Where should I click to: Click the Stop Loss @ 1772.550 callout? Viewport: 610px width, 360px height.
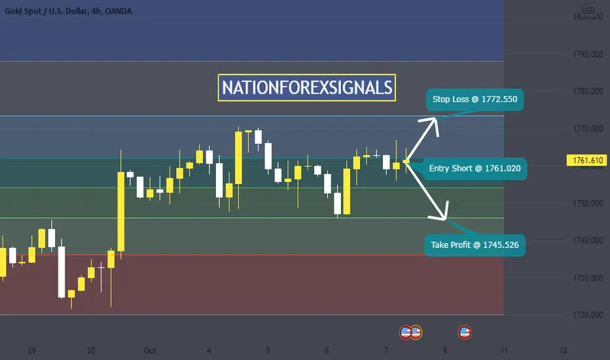(x=475, y=99)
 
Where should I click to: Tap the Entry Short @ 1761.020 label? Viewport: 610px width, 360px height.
(x=475, y=168)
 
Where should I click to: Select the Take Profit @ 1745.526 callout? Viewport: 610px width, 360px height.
(x=475, y=245)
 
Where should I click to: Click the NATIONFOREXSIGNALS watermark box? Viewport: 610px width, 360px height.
(x=307, y=88)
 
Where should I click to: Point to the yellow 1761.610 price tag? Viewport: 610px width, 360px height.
(x=588, y=160)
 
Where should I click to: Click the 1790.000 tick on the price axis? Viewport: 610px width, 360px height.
(x=588, y=54)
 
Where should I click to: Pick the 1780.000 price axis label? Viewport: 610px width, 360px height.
(x=588, y=91)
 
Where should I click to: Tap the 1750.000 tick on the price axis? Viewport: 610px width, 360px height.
(x=588, y=203)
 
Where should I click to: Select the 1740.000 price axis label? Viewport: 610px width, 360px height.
(x=588, y=240)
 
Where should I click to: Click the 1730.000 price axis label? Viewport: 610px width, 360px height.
(x=588, y=278)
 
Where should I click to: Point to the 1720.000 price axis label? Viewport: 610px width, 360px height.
(x=588, y=315)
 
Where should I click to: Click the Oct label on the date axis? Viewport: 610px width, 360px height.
(x=150, y=351)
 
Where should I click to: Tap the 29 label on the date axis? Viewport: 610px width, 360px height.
(x=32, y=351)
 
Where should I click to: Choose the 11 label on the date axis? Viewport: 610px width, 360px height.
(x=504, y=351)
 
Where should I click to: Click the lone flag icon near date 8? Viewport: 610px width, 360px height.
(x=465, y=333)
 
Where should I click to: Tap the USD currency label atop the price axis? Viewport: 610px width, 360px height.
(x=588, y=10)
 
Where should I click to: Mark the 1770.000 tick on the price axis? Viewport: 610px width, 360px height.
(x=588, y=128)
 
